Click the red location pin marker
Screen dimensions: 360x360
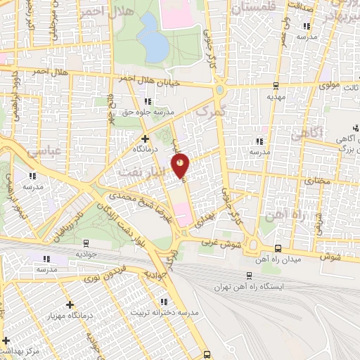(x=181, y=165)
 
